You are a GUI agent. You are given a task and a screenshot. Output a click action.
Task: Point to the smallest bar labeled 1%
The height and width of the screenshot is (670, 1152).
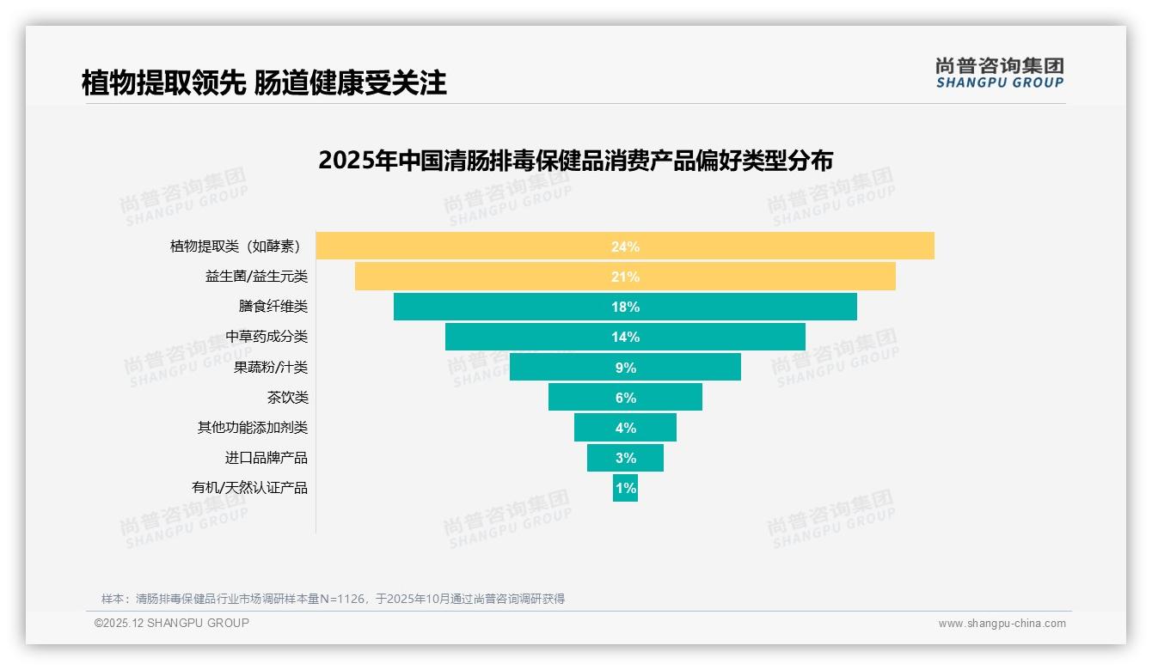[x=625, y=488]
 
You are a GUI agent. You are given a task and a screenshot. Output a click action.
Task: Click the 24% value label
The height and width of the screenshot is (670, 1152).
[x=625, y=247]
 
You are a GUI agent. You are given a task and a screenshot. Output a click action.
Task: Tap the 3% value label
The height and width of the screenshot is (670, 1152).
[x=625, y=458]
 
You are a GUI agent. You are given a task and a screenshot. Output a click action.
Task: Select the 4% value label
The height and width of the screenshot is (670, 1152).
[x=625, y=428]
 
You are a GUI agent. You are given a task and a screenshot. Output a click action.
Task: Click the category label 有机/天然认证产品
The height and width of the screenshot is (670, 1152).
[x=249, y=488]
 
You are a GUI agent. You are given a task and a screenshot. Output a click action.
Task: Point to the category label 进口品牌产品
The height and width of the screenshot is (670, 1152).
[x=266, y=458]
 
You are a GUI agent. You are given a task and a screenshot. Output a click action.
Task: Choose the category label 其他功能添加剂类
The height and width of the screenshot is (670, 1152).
[x=252, y=428]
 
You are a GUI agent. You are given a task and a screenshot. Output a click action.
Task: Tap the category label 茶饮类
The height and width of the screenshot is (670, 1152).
[x=287, y=398]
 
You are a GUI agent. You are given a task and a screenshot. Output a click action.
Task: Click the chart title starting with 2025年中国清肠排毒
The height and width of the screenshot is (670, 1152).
[x=575, y=161]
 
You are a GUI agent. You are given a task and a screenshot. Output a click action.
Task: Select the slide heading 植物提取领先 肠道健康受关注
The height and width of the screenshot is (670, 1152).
[x=264, y=83]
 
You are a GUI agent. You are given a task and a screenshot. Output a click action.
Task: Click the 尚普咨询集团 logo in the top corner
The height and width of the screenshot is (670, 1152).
[x=999, y=72]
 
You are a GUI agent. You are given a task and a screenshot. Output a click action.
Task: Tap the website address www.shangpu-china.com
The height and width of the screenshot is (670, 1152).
[x=1002, y=624]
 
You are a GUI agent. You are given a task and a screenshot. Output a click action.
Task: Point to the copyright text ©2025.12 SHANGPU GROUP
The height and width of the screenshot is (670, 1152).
[x=172, y=623]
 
